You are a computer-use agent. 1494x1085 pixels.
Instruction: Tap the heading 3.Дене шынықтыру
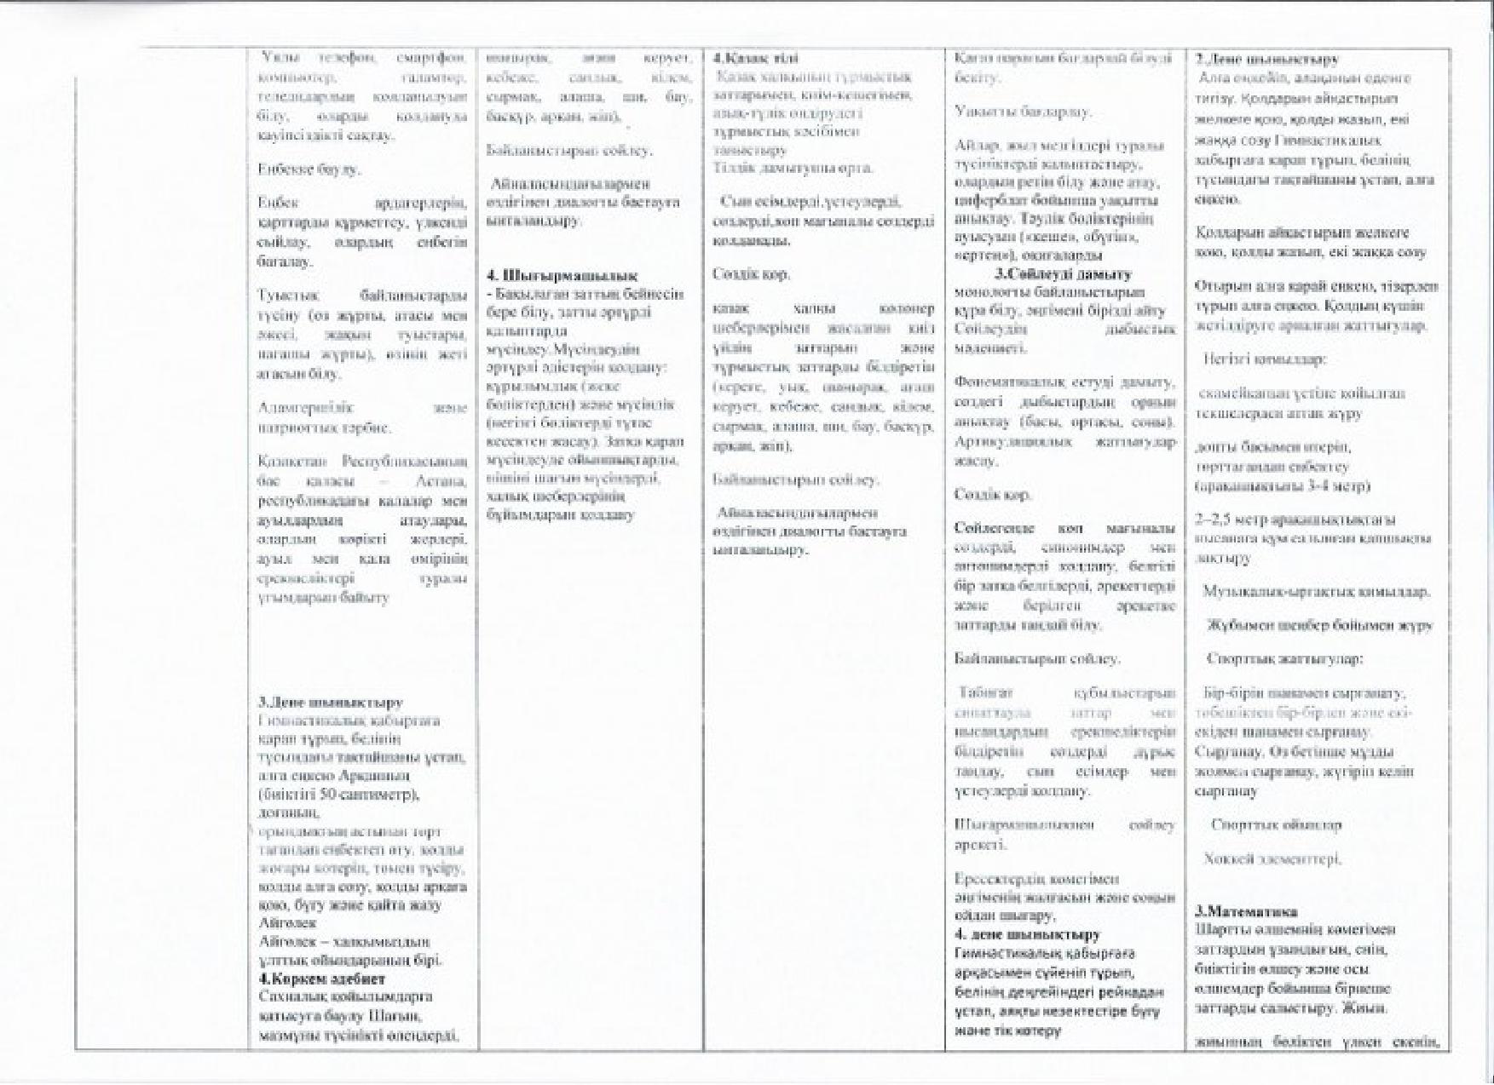(331, 703)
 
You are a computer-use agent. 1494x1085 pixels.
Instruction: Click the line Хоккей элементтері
(1272, 858)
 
